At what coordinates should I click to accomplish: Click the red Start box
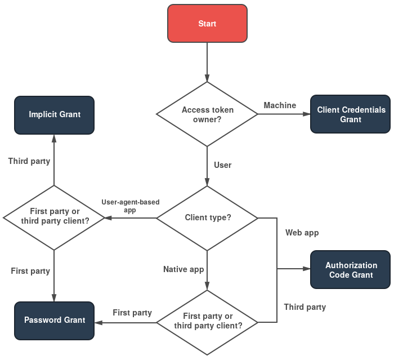207,24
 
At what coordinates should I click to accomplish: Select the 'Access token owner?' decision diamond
207,114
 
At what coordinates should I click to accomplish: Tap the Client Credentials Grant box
351,114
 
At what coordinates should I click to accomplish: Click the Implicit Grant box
54,114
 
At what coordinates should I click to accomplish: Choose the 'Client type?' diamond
207,217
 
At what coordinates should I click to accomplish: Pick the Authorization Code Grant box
351,270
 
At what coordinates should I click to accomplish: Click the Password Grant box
54,320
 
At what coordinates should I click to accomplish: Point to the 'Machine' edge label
280,106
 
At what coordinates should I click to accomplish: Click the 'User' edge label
222,165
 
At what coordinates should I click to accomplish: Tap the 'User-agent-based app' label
130,206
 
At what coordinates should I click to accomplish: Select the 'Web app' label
302,232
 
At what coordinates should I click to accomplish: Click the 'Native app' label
183,269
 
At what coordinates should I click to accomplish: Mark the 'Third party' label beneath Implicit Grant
29,161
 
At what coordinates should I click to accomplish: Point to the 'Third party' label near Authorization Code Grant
304,307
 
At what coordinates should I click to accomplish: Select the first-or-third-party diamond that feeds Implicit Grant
54,216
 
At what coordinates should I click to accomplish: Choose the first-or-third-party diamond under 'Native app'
207,321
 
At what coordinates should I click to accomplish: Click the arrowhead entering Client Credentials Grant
307,114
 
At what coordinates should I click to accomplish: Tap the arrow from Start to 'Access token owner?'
207,62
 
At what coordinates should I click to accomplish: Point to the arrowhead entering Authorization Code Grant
307,269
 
